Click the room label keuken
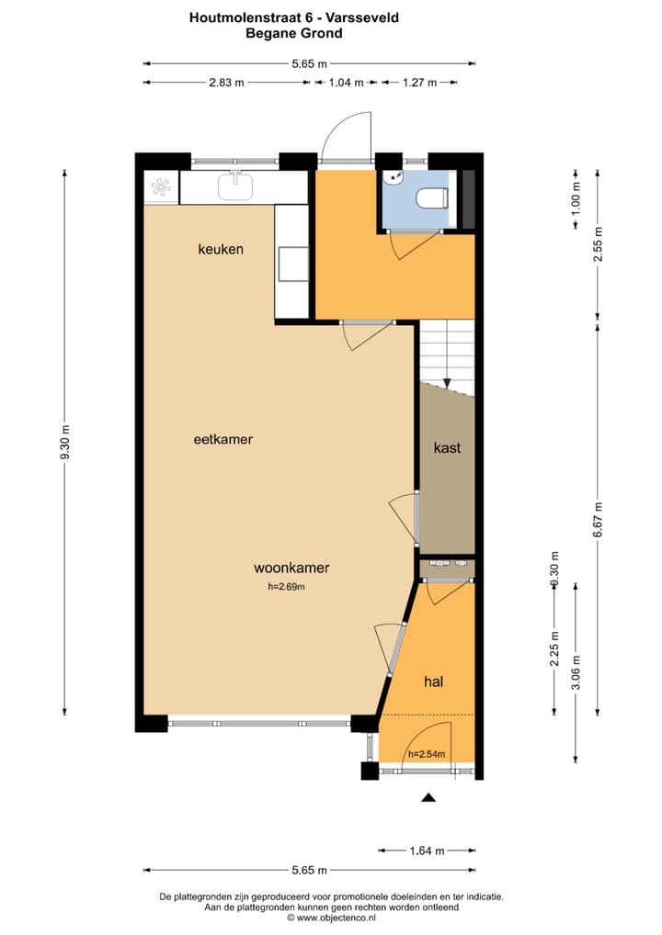(x=222, y=249)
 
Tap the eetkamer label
(x=223, y=439)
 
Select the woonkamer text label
(x=291, y=568)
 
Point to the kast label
(x=447, y=448)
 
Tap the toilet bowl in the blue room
(x=431, y=197)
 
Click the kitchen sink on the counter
(x=235, y=186)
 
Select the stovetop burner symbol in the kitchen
(x=161, y=187)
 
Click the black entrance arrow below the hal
(x=428, y=798)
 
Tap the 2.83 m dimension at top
(x=226, y=83)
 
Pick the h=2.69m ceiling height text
(x=286, y=586)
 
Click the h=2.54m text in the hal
(x=426, y=754)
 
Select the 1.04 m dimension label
(x=346, y=83)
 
